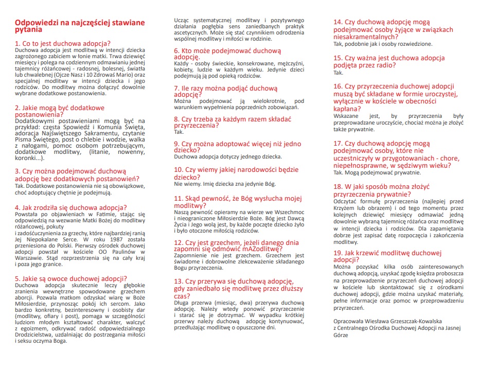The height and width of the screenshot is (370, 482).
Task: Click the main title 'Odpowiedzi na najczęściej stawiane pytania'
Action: point(80,26)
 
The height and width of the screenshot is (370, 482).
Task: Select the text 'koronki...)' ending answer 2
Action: point(32,158)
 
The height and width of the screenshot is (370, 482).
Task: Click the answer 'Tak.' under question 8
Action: point(179,132)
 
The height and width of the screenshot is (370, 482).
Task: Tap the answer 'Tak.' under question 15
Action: point(338,73)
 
